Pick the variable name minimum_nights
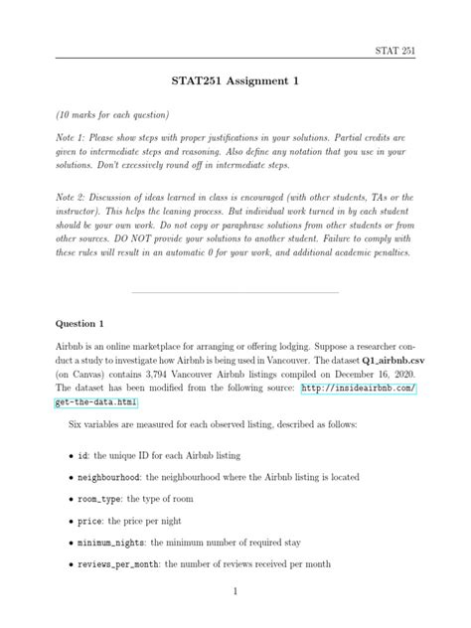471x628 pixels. tap(112, 543)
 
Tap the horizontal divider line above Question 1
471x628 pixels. tap(235, 292)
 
